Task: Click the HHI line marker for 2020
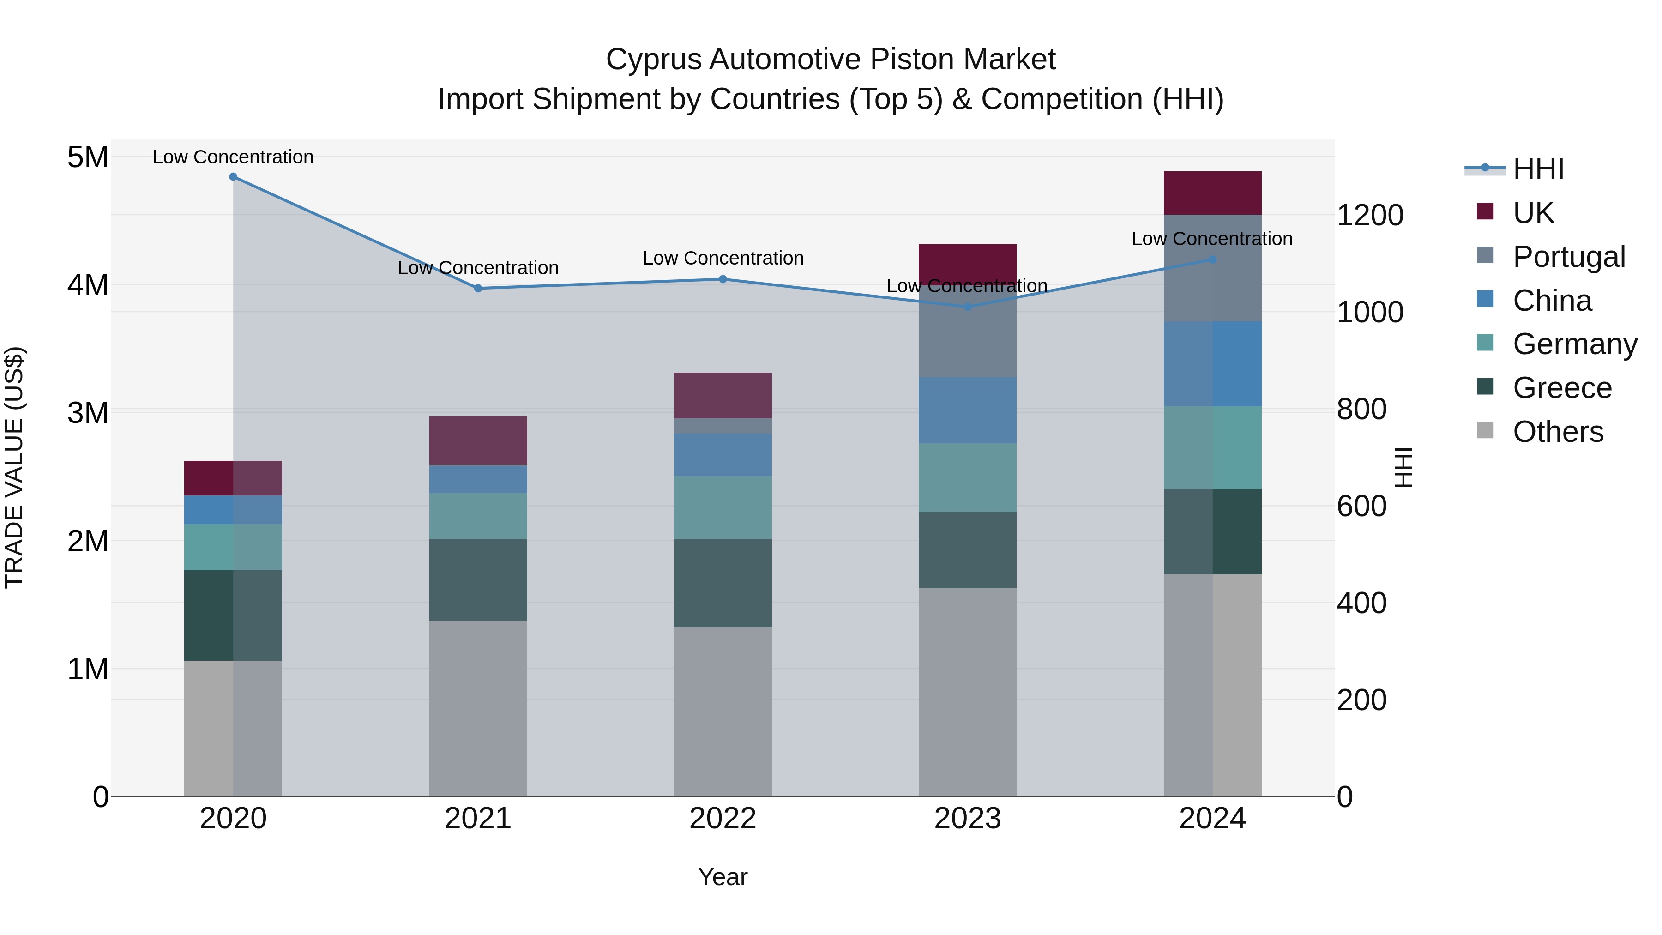(233, 177)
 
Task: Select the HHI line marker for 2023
(967, 307)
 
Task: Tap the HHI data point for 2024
(1212, 259)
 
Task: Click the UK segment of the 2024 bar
(1212, 193)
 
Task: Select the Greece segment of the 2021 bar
(478, 579)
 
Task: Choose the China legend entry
(1551, 301)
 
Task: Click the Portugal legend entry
(1568, 257)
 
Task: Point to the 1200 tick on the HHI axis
(1370, 216)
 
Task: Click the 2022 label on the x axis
(723, 819)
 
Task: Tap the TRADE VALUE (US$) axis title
(14, 467)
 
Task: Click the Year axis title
(723, 877)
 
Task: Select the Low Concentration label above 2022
(723, 258)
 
